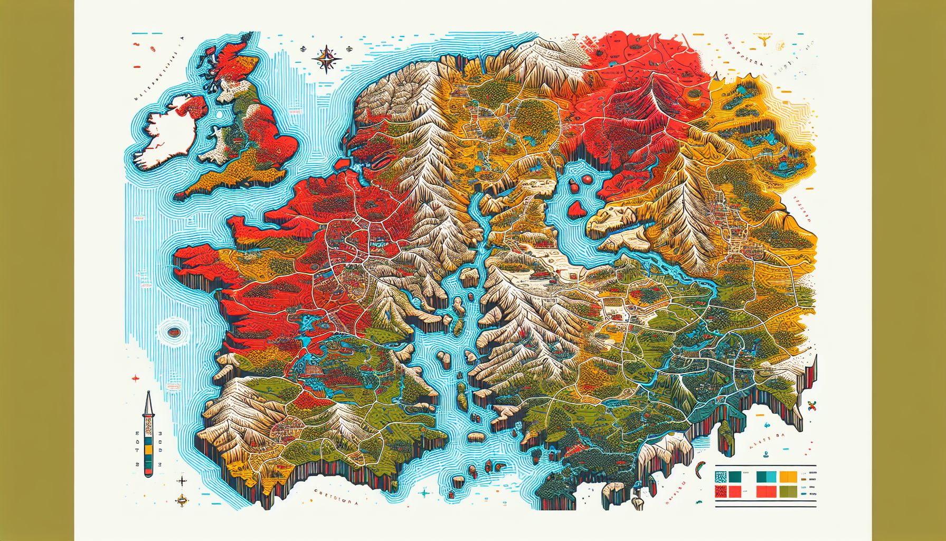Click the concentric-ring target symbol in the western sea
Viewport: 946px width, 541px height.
174,332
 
